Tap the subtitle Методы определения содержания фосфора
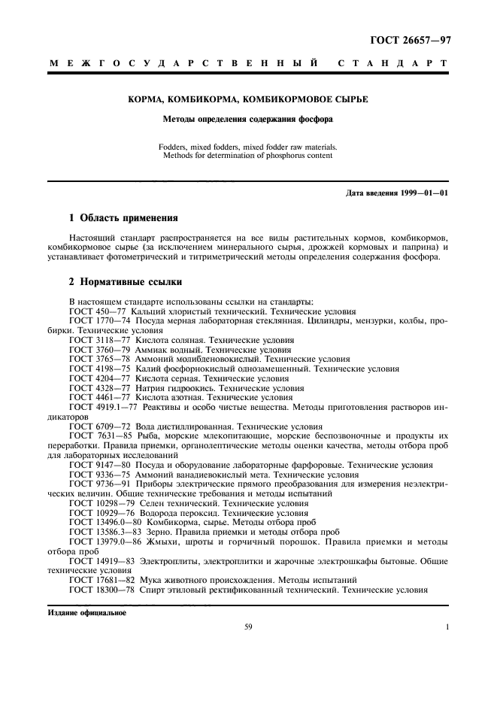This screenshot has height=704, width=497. (x=248, y=119)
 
